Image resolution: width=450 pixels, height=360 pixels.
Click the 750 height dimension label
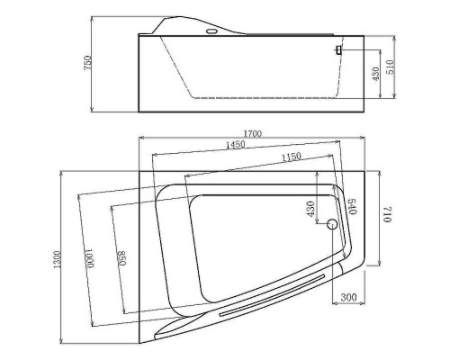pos(87,62)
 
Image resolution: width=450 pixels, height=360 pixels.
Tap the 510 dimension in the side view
pos(390,67)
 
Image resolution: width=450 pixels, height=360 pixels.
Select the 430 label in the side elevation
pos(375,74)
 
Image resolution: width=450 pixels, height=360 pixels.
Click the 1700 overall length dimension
pos(252,133)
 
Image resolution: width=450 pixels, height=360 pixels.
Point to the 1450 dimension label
pos(236,145)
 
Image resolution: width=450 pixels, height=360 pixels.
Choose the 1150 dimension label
pos(292,157)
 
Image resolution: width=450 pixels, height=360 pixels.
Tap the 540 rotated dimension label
pos(352,206)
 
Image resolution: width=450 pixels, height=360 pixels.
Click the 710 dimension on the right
pos(388,214)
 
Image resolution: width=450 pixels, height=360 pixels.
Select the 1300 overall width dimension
pos(58,259)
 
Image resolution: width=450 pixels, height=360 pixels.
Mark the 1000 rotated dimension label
pos(90,257)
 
